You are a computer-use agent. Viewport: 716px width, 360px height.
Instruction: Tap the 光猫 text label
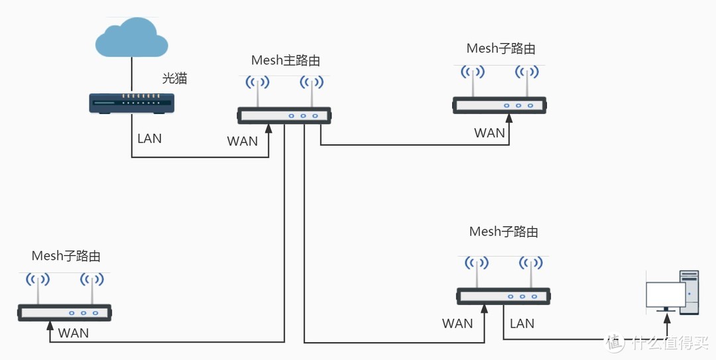pyautogui.click(x=175, y=78)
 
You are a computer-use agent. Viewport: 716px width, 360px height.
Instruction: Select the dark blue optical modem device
pyautogui.click(x=132, y=103)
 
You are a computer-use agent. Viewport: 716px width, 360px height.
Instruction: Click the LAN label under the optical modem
pyautogui.click(x=149, y=139)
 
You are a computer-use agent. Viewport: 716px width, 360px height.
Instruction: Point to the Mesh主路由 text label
pyautogui.click(x=285, y=60)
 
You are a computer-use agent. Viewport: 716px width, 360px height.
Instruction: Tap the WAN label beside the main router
pyautogui.click(x=242, y=141)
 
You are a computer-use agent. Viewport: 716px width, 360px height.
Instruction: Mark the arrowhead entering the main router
pyautogui.click(x=268, y=129)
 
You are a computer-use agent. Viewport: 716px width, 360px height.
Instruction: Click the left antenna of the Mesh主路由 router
pyautogui.click(x=257, y=91)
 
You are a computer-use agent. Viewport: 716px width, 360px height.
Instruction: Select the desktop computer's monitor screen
pyautogui.click(x=666, y=294)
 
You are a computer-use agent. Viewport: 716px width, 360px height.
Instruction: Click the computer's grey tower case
pyautogui.click(x=689, y=291)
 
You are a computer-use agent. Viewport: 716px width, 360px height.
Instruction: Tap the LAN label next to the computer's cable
pyautogui.click(x=522, y=324)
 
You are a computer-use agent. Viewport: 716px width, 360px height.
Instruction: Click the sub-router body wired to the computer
pyautogui.click(x=503, y=296)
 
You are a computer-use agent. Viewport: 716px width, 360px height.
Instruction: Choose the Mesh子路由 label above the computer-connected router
pyautogui.click(x=503, y=232)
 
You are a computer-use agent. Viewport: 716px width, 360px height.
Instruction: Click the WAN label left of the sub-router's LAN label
pyautogui.click(x=457, y=324)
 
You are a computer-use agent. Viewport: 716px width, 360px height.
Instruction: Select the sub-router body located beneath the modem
pyautogui.click(x=64, y=312)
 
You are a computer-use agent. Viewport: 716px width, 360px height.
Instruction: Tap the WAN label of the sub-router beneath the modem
pyautogui.click(x=74, y=333)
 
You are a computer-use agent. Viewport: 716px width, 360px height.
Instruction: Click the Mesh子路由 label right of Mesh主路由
pyautogui.click(x=501, y=48)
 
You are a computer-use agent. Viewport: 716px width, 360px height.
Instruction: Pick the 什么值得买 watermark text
pyautogui.click(x=670, y=343)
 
